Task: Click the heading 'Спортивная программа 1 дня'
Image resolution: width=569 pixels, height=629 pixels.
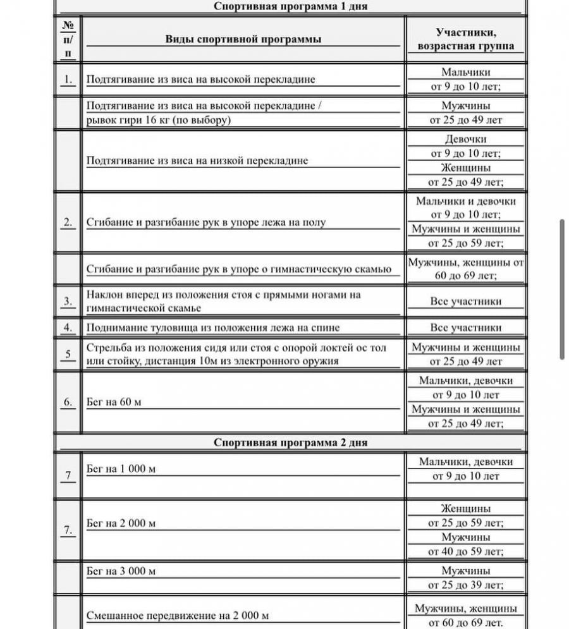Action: [290, 6]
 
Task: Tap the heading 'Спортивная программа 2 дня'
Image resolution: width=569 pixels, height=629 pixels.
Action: [290, 443]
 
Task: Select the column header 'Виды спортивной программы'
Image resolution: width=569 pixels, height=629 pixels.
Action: [243, 39]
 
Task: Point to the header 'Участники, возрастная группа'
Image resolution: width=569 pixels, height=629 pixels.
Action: [465, 39]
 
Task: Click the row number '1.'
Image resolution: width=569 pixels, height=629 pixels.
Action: [68, 80]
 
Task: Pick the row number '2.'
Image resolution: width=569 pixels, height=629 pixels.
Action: [68, 223]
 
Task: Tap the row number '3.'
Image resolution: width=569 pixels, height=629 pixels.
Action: [68, 302]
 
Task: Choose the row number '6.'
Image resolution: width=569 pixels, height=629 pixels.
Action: [68, 402]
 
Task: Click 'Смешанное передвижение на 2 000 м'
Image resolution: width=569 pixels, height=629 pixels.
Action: [178, 616]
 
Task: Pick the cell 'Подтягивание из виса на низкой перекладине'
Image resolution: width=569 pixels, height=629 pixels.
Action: [197, 161]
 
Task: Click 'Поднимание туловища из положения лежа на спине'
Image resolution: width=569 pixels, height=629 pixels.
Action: [212, 327]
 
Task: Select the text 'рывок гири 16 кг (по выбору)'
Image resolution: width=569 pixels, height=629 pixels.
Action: [158, 120]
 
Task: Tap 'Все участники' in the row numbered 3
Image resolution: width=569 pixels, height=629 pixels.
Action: [466, 302]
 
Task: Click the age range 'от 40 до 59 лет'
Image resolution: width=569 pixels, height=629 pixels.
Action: [466, 552]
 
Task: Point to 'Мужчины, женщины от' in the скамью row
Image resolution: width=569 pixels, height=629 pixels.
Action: [466, 262]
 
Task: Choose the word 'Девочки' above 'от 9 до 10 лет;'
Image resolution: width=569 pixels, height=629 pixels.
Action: [466, 139]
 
